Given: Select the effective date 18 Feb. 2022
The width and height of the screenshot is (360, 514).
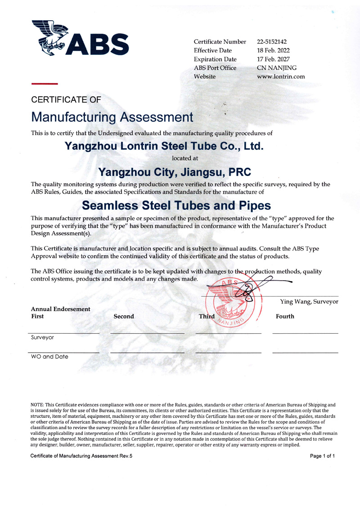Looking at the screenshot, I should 273,50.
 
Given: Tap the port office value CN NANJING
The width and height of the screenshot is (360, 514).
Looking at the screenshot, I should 277,68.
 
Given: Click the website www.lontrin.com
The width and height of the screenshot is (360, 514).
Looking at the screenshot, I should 281,76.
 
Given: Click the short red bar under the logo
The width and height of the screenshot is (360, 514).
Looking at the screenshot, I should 44,84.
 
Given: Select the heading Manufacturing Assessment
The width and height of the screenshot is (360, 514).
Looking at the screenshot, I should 112,117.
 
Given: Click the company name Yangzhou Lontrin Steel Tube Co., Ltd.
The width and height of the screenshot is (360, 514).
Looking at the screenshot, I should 164,146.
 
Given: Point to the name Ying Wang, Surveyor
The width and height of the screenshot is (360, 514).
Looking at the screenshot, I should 309,301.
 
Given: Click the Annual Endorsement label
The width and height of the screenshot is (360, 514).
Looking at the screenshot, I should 60,309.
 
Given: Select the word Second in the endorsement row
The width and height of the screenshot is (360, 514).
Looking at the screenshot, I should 124,317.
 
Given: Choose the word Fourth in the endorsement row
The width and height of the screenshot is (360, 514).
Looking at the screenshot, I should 285,317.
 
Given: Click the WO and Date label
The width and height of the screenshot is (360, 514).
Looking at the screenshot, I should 49,357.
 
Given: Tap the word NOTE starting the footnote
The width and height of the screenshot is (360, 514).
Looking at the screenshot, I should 38,405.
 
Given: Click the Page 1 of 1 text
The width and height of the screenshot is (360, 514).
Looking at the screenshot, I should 323,456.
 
